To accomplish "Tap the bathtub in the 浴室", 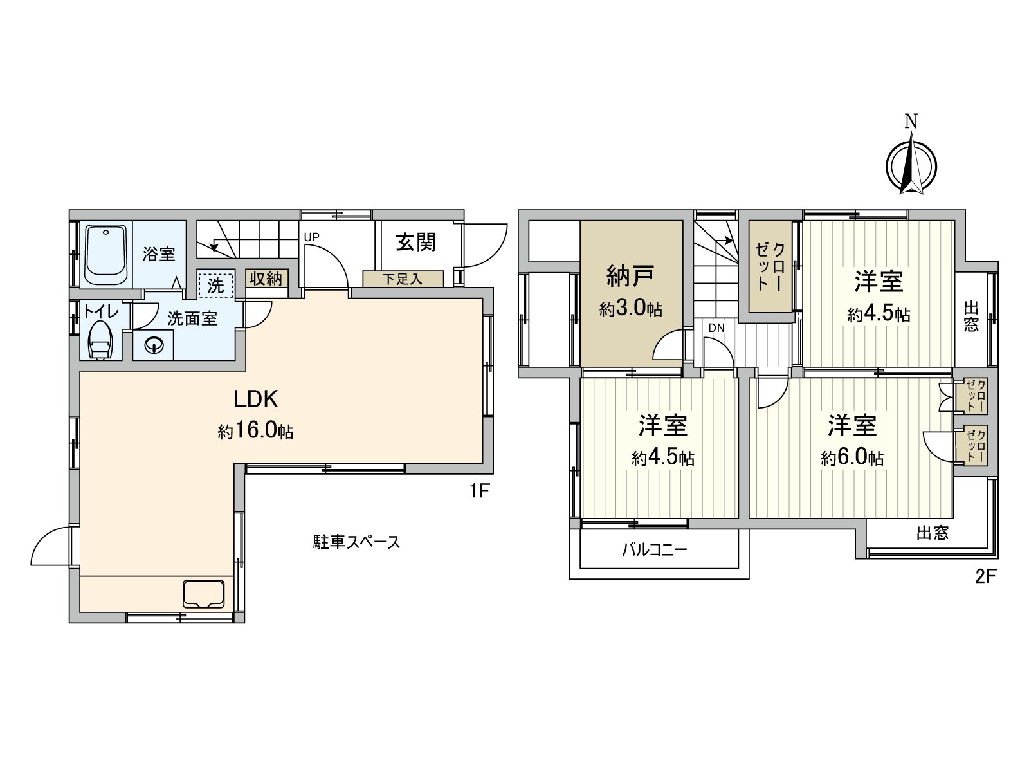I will [106, 254].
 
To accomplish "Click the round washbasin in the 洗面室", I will [154, 345].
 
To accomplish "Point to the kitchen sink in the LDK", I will [204, 593].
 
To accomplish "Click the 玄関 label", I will [415, 243].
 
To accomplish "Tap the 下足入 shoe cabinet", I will [403, 279].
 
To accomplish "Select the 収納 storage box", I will [266, 279].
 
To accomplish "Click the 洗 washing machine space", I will [215, 285].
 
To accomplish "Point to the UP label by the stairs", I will [311, 237].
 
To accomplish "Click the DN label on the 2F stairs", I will [716, 328].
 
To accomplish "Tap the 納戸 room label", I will [631, 277].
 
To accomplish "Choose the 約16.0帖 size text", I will [255, 431].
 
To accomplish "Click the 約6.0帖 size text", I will [851, 458].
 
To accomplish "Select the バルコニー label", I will [654, 550].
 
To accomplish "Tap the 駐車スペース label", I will [357, 542].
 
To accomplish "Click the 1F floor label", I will [479, 492].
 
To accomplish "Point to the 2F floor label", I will [985, 576].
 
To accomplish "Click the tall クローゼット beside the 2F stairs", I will [770, 266].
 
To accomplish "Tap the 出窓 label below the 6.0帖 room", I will [932, 533].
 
